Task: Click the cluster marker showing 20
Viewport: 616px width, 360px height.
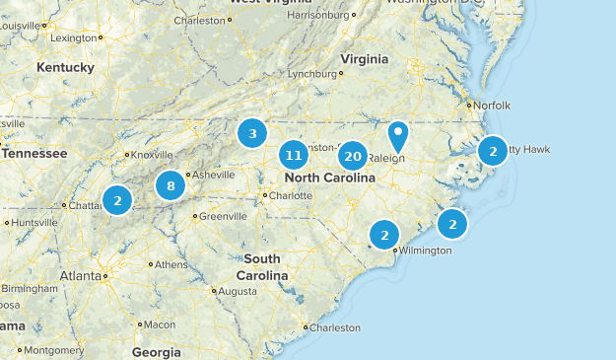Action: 353,155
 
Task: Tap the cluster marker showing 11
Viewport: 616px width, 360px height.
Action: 292,155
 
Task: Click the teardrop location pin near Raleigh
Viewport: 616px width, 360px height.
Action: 398,134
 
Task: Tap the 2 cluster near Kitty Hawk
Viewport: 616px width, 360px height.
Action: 492,151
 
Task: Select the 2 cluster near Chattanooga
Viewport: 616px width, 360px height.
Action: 117,200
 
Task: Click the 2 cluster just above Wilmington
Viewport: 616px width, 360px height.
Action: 384,235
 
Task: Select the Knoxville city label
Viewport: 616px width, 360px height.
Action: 153,155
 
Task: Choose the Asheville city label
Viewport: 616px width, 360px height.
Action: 213,175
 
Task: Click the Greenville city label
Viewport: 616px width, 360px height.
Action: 223,216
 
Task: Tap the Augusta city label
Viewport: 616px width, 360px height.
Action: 237,292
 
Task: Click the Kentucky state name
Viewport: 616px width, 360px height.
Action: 65,67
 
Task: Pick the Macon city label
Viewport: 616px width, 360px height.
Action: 159,324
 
